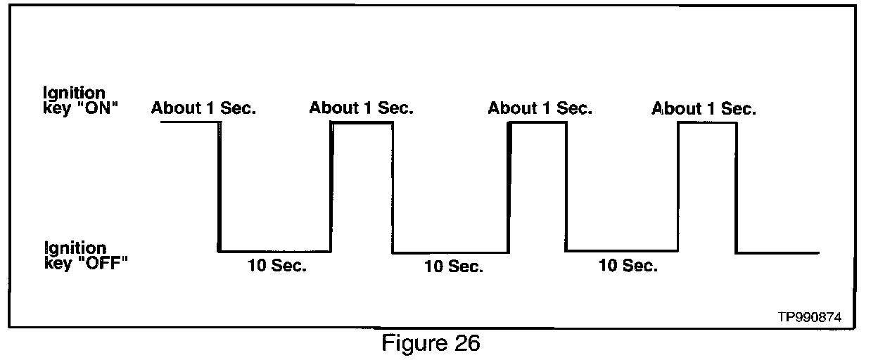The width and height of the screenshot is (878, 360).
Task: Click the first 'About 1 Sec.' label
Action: pos(203,108)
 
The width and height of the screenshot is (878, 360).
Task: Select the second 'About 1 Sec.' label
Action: pos(362,108)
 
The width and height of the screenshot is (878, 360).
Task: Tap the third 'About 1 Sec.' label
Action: pos(540,108)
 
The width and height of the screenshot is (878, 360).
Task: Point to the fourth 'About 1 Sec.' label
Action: pos(704,109)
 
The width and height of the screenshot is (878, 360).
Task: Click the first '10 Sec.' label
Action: pos(276,266)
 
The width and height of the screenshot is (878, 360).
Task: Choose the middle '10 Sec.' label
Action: pos(453,267)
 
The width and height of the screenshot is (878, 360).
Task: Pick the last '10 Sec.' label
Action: pos(628,266)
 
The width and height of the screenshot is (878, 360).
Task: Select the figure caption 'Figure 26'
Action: pos(431,344)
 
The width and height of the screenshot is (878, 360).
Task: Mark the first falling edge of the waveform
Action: pos(219,186)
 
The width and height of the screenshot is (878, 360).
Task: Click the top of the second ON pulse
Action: pos(362,123)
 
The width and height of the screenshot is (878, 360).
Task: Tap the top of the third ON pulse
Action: pos(537,123)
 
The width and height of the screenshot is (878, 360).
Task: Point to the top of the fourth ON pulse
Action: pos(707,123)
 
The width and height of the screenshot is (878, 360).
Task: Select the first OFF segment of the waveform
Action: pos(274,251)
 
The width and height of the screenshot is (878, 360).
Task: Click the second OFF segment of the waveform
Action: pos(450,252)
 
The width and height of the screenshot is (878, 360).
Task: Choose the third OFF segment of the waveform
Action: pos(622,250)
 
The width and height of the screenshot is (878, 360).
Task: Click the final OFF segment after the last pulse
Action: pos(777,252)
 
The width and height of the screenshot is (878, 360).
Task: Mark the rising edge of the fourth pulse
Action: pos(678,186)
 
